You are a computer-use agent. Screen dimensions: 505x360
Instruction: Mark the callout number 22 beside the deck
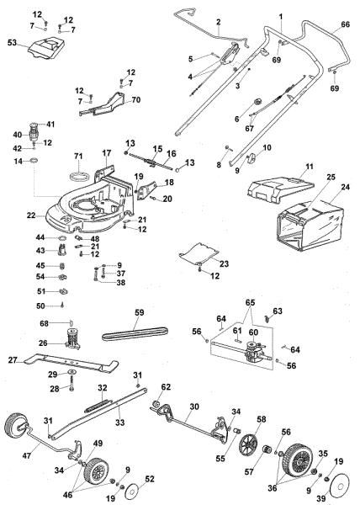[x=31, y=215]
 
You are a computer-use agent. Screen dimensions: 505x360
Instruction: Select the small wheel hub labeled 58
[x=249, y=444]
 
